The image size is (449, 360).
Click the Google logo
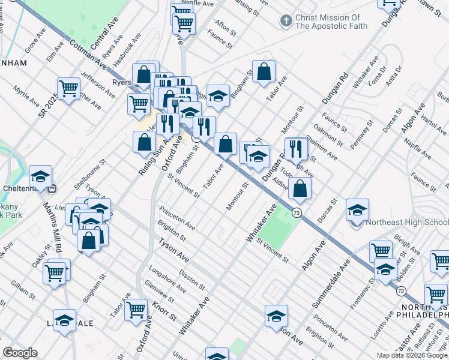pos(20,353)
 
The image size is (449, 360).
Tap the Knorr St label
pos(164,310)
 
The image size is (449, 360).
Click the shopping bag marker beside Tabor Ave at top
pos(264,72)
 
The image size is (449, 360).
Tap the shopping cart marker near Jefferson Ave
pos(69,89)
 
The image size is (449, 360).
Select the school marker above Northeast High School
pos(357,211)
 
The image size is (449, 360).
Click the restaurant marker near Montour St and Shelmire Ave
pos(296,148)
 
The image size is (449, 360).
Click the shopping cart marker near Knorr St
pos(136,310)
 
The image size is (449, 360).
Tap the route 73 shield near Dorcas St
pos(297,213)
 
